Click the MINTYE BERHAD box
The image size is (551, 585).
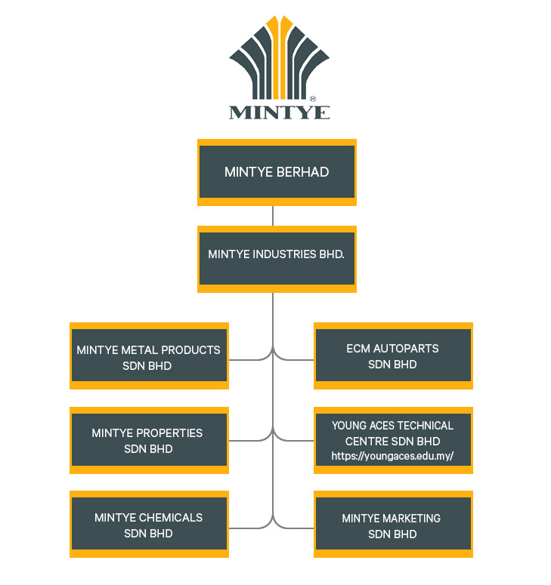(x=277, y=172)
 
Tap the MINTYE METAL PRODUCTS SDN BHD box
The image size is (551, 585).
(x=149, y=356)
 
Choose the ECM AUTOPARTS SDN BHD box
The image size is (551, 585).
(x=393, y=356)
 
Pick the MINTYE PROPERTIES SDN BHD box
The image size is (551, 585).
(x=149, y=440)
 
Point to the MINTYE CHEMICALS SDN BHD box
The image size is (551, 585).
(x=149, y=525)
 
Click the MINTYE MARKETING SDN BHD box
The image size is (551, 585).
(x=393, y=525)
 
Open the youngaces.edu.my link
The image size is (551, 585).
(x=392, y=457)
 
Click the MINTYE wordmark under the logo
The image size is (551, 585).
(x=279, y=113)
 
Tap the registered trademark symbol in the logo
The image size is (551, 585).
(x=313, y=99)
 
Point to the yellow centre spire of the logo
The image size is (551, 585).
(x=279, y=53)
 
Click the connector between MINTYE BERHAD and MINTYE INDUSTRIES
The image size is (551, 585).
(x=273, y=215)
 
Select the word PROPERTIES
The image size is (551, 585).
(x=169, y=433)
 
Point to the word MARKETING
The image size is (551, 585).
(x=411, y=519)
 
